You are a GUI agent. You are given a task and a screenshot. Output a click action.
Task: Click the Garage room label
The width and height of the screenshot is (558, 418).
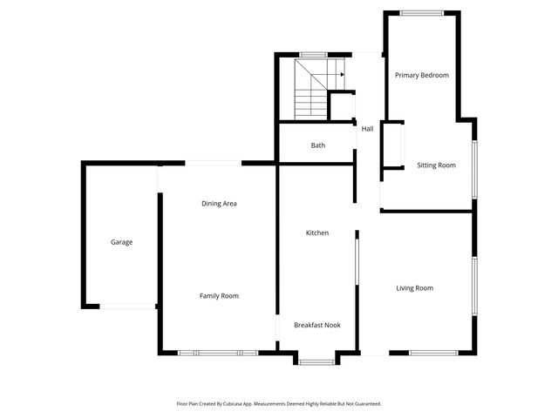tap(121, 242)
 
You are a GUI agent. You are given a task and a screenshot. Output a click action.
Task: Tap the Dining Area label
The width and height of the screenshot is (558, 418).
tap(219, 204)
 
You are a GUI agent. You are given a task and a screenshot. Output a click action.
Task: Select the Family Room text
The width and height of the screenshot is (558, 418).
tap(219, 296)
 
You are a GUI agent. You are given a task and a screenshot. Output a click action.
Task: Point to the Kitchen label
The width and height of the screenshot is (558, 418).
tap(316, 233)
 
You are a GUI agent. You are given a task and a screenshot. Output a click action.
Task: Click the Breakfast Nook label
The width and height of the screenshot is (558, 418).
tap(316, 325)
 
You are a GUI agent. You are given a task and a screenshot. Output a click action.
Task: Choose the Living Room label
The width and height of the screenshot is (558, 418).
tap(414, 288)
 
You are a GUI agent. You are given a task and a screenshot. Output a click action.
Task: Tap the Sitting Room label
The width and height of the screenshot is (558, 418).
tap(436, 165)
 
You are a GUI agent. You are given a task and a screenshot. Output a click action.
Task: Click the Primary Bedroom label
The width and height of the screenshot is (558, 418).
tap(421, 76)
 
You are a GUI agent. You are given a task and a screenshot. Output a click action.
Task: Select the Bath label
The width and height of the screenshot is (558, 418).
tap(318, 145)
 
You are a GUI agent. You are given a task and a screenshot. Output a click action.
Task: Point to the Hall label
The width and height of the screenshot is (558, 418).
tap(367, 129)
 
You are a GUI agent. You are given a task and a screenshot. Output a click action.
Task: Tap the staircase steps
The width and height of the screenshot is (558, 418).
tap(310, 96)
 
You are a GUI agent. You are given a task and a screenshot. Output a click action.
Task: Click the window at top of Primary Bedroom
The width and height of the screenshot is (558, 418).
tap(421, 12)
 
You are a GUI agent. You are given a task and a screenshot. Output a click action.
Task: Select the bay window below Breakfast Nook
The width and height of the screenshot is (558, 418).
tap(316, 361)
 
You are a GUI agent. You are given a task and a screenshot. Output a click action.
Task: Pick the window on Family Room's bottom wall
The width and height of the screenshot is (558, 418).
tap(218, 353)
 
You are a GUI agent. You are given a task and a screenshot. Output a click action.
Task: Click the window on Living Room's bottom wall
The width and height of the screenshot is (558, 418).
tap(433, 353)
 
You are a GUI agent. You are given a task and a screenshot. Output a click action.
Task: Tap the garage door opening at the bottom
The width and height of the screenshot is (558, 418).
tap(127, 306)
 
